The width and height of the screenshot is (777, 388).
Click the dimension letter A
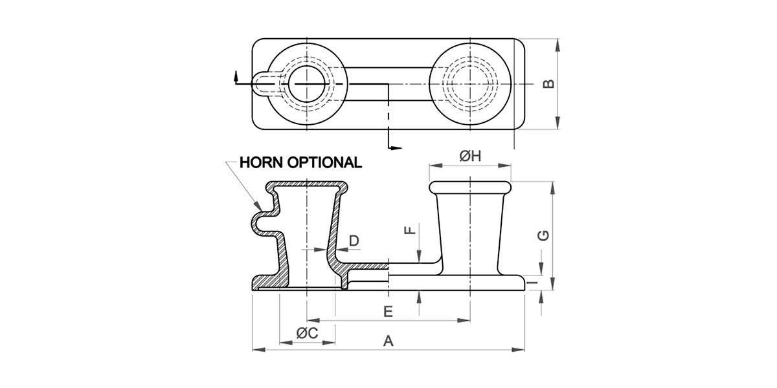[x=388, y=341]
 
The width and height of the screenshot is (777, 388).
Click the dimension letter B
[x=548, y=84]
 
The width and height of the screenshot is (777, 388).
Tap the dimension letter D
[x=354, y=241]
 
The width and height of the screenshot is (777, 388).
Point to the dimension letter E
[x=388, y=312]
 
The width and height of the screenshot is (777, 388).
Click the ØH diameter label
[x=469, y=156]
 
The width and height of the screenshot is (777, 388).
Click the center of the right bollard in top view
[x=468, y=85]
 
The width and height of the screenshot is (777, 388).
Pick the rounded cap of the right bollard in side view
[x=470, y=188]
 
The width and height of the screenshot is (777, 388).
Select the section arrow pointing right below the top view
[x=396, y=149]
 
